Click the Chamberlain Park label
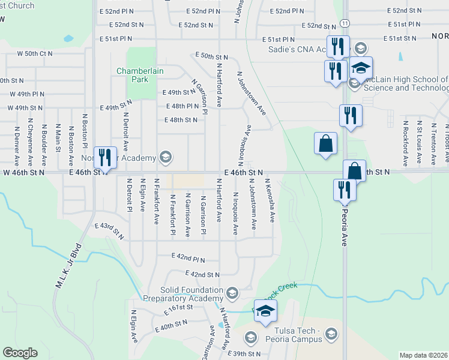(140, 74)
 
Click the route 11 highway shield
(343, 22)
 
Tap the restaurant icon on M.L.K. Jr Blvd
(105, 157)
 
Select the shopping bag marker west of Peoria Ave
(325, 144)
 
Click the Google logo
(20, 353)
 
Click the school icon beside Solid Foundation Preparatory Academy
(232, 293)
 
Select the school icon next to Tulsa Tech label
(330, 334)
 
